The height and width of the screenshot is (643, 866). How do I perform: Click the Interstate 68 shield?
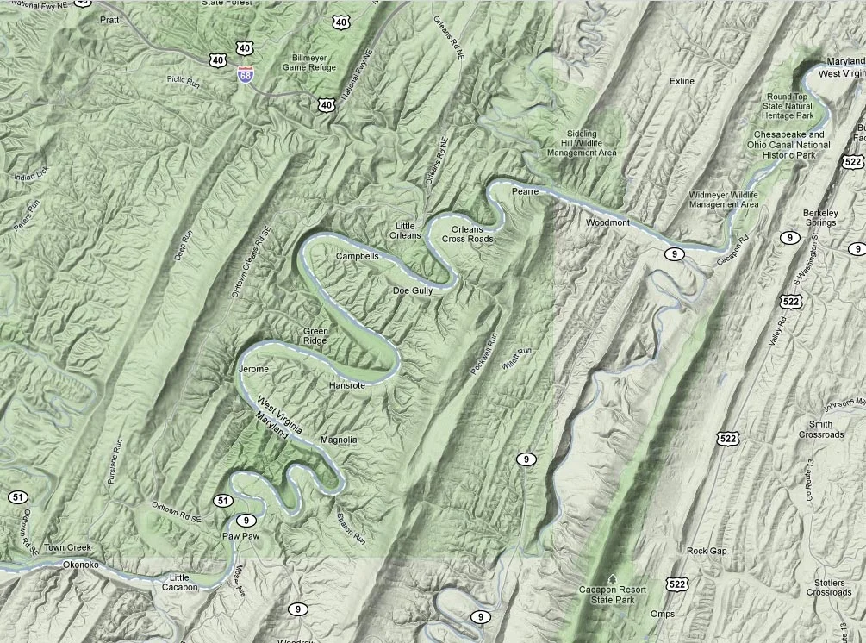tap(246, 75)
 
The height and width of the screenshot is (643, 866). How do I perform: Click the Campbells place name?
tap(357, 256)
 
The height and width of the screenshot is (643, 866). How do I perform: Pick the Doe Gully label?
tap(412, 291)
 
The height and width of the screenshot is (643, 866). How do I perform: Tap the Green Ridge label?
tap(315, 335)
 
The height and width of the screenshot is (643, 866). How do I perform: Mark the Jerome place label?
tap(253, 369)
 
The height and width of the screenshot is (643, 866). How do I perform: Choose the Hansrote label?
tap(347, 385)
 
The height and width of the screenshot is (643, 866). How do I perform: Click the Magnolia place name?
tap(338, 440)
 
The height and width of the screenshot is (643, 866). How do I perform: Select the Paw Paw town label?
tap(241, 536)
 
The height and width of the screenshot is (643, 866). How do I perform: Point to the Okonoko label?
tap(82, 565)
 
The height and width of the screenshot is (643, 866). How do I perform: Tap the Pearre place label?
tap(524, 191)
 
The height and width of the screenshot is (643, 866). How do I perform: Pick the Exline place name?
tap(682, 81)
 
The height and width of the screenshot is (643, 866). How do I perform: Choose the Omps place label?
tap(663, 614)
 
